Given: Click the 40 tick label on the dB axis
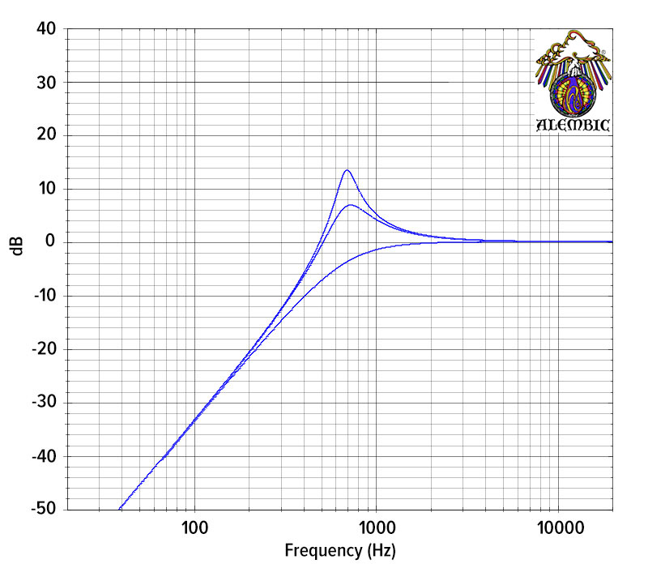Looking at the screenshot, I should [45, 29].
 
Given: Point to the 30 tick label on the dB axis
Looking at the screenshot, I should [45, 83].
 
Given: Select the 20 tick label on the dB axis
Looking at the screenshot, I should [45, 135].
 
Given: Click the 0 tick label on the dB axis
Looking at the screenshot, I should [50, 242].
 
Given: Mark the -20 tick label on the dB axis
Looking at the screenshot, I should [43, 349].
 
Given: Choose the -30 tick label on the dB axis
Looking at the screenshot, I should [43, 403].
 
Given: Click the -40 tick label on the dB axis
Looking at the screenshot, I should [43, 456].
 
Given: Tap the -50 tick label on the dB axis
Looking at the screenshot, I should [43, 510].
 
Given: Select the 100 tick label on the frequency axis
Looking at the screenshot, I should [194, 528].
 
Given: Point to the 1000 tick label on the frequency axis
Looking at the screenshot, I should [375, 528].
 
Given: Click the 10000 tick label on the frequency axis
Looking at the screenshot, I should [557, 528].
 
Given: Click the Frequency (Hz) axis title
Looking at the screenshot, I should [339, 552].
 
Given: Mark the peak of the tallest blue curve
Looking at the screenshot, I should [347, 170].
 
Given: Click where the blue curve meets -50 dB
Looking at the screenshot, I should [120, 509].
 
